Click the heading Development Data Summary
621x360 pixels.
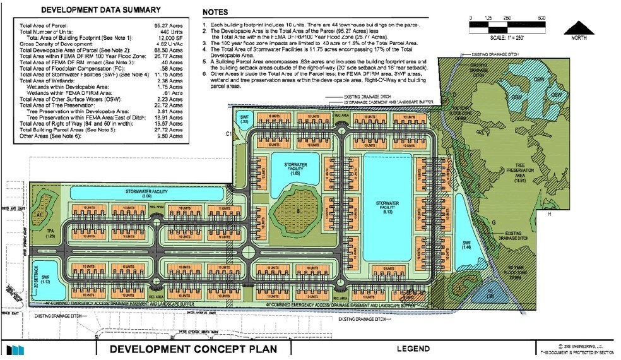coord(100,10)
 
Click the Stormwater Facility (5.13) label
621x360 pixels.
coord(384,207)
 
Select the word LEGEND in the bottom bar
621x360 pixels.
coord(413,349)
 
